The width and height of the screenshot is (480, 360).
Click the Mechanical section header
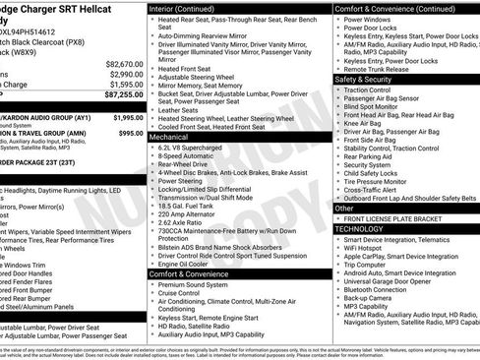[x=168, y=138]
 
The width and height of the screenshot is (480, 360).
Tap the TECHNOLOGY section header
[x=359, y=227]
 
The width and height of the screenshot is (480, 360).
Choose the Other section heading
[x=344, y=208]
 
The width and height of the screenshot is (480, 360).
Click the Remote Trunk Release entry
[x=383, y=70]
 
